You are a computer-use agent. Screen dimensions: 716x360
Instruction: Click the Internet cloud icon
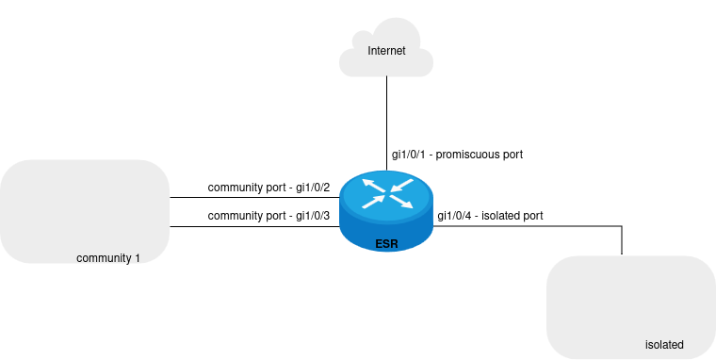(x=386, y=47)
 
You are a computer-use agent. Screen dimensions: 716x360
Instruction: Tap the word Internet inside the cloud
(x=386, y=51)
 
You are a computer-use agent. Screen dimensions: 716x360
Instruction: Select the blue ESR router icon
(x=386, y=211)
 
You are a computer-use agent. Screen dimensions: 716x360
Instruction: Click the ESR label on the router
(x=387, y=244)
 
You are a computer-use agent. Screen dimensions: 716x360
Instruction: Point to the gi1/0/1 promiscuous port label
(x=457, y=155)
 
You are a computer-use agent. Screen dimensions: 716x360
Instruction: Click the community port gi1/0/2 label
(x=268, y=188)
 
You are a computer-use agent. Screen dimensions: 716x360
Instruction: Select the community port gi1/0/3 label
(x=268, y=216)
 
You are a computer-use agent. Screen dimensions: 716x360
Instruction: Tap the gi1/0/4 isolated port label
(x=490, y=216)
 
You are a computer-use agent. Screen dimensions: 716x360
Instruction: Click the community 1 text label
(x=108, y=258)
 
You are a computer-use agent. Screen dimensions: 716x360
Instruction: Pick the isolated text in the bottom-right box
(x=664, y=345)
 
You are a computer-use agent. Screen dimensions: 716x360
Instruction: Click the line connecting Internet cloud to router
(x=387, y=123)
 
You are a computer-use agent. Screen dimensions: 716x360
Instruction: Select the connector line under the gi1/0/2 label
(x=254, y=198)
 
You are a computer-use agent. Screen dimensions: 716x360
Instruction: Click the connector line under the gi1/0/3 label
(x=254, y=226)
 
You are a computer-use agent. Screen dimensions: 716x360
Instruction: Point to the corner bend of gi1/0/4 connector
(x=622, y=225)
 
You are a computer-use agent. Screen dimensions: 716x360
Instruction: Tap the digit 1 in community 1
(x=137, y=258)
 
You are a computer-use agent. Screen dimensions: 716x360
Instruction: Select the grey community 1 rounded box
(x=85, y=211)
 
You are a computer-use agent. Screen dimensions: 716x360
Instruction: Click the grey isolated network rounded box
(x=631, y=307)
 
